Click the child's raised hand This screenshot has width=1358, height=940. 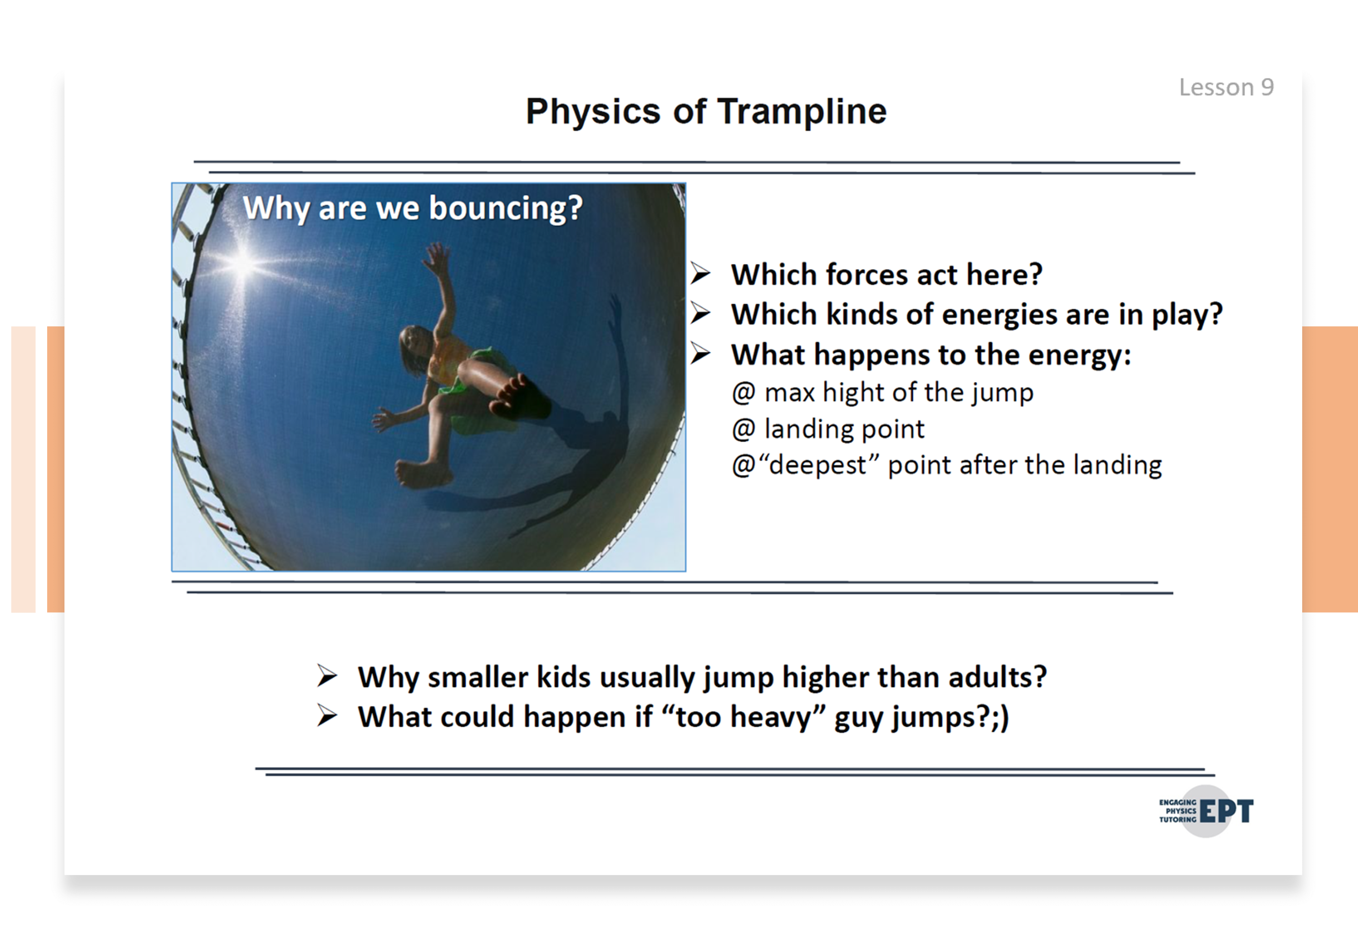coord(437,259)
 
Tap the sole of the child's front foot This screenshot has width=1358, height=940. coord(518,396)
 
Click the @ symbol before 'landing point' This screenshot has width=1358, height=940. coord(743,429)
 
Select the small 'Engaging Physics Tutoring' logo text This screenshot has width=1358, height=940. coord(1178,811)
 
